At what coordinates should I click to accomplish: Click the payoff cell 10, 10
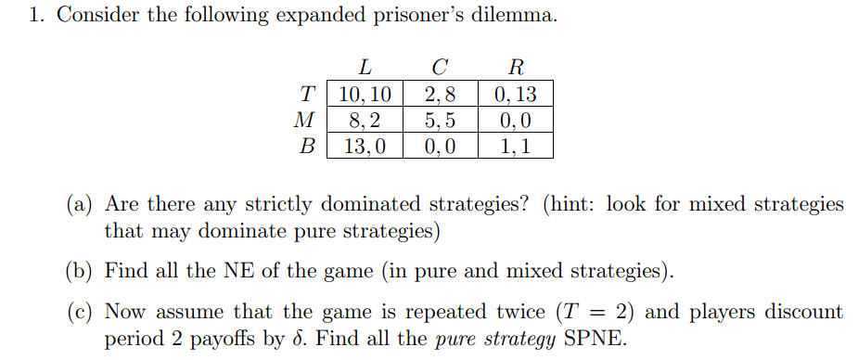[365, 94]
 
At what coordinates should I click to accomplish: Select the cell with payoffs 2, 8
[440, 94]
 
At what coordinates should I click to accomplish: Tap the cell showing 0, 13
[515, 94]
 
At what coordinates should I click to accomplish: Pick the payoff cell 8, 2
[365, 120]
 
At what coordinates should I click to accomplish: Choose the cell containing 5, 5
[440, 120]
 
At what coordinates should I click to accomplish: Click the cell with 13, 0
[365, 146]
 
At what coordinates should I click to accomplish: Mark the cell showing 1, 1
[515, 146]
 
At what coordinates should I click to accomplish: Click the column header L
[365, 67]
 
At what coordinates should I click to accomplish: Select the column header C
[440, 67]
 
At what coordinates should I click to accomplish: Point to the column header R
[516, 67]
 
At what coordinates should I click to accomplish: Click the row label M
[303, 120]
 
